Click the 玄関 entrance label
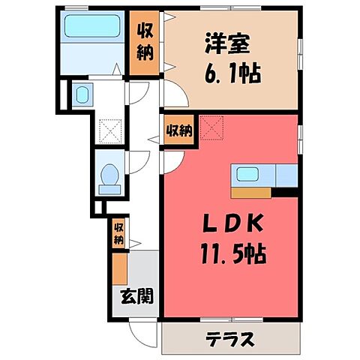pos(136,295)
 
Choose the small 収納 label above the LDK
pos(179,130)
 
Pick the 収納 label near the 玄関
pos(118,234)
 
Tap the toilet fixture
pos(110,175)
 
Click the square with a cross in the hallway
pos(109,132)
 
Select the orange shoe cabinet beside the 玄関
pos(119,268)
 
